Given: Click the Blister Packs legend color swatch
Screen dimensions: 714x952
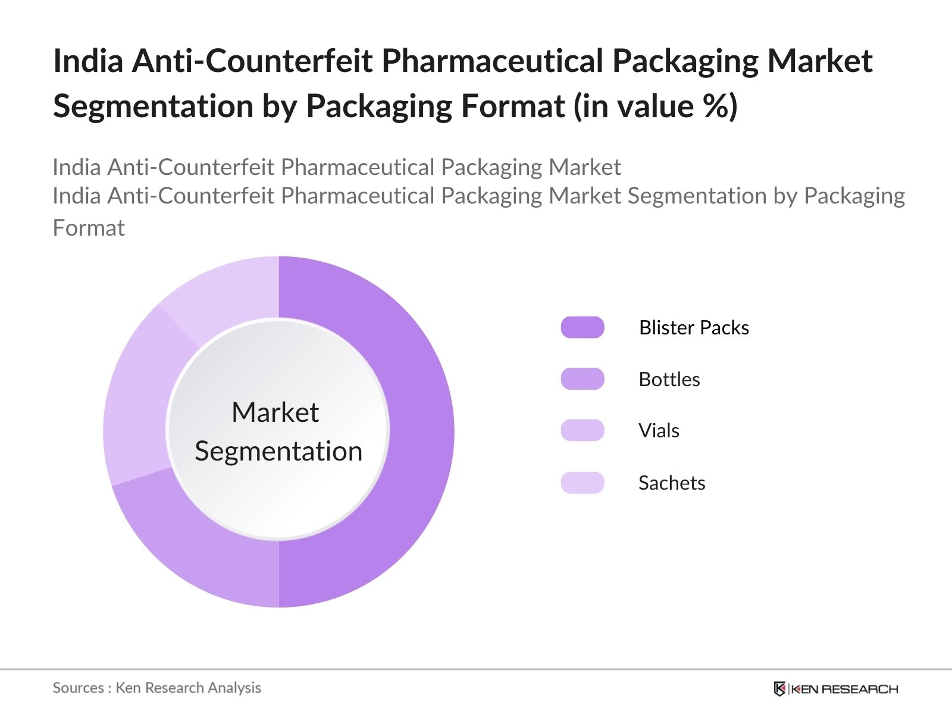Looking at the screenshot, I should (x=583, y=327).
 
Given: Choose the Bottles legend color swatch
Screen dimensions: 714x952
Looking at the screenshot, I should (x=583, y=379).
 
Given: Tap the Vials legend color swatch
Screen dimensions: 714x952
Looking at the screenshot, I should (x=583, y=430).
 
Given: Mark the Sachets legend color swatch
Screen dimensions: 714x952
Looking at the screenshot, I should (x=583, y=483).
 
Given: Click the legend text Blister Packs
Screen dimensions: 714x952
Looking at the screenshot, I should (x=694, y=327).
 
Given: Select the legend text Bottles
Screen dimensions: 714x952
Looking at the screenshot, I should (x=669, y=379).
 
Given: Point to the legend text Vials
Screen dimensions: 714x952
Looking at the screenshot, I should (x=659, y=430).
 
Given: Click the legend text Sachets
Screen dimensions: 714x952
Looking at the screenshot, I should (x=672, y=483).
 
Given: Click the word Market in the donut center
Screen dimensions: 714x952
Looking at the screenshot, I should (x=275, y=412).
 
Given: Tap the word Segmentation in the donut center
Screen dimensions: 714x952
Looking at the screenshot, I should (x=278, y=451).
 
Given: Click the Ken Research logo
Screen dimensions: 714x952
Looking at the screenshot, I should (x=835, y=689).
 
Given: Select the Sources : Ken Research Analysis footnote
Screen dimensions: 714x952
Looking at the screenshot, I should (x=157, y=688).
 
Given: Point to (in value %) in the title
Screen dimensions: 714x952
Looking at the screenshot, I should (x=655, y=106).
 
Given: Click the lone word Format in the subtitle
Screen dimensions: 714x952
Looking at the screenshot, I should (x=89, y=228).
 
